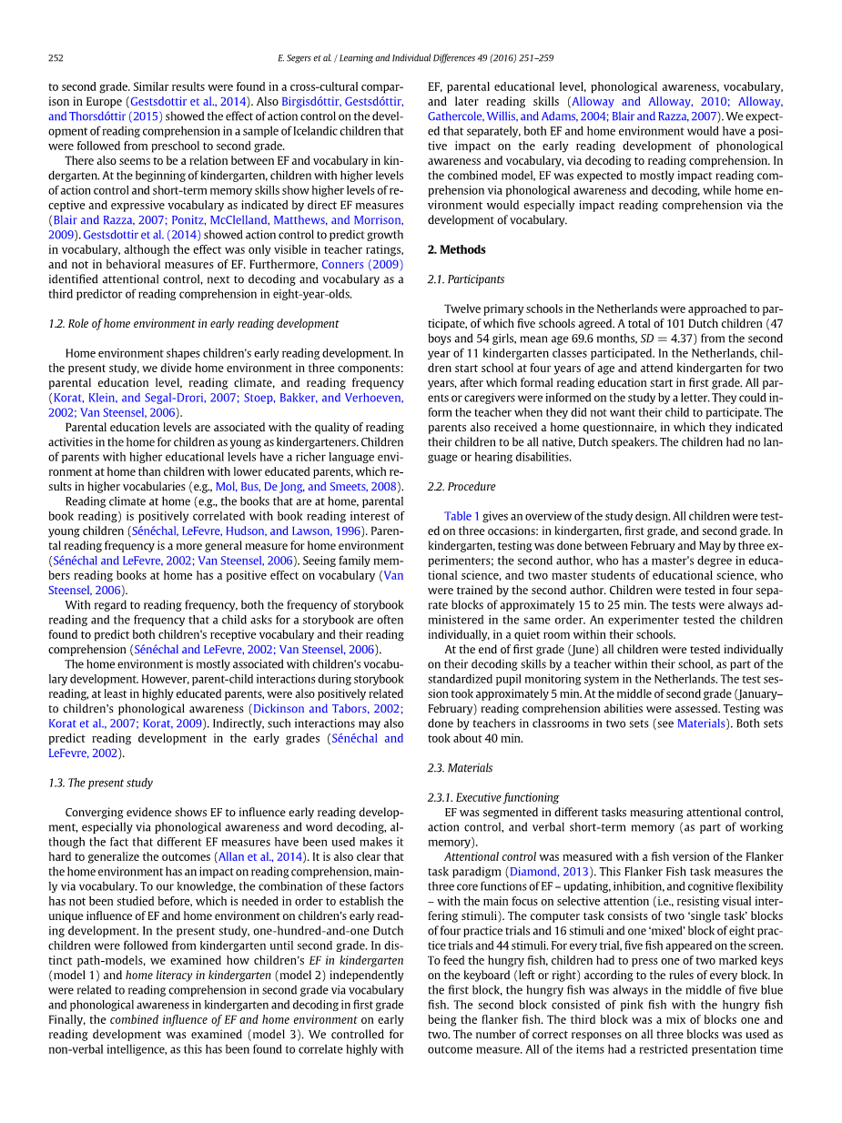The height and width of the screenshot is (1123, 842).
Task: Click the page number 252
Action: point(56,58)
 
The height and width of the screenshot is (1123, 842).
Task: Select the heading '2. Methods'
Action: point(456,250)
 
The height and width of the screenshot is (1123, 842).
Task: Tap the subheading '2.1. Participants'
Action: point(465,279)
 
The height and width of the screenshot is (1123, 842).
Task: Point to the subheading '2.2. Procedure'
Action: point(462,487)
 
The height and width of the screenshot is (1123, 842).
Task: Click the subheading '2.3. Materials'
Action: point(460,768)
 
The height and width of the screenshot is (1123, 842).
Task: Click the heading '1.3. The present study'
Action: point(100,783)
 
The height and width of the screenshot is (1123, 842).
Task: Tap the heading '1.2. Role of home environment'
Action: point(193,324)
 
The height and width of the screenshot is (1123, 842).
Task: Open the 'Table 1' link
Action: point(462,516)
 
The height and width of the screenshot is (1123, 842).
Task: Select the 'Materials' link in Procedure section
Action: point(701,723)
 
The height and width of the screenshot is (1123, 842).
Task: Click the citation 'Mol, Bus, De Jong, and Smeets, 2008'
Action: point(307,487)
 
